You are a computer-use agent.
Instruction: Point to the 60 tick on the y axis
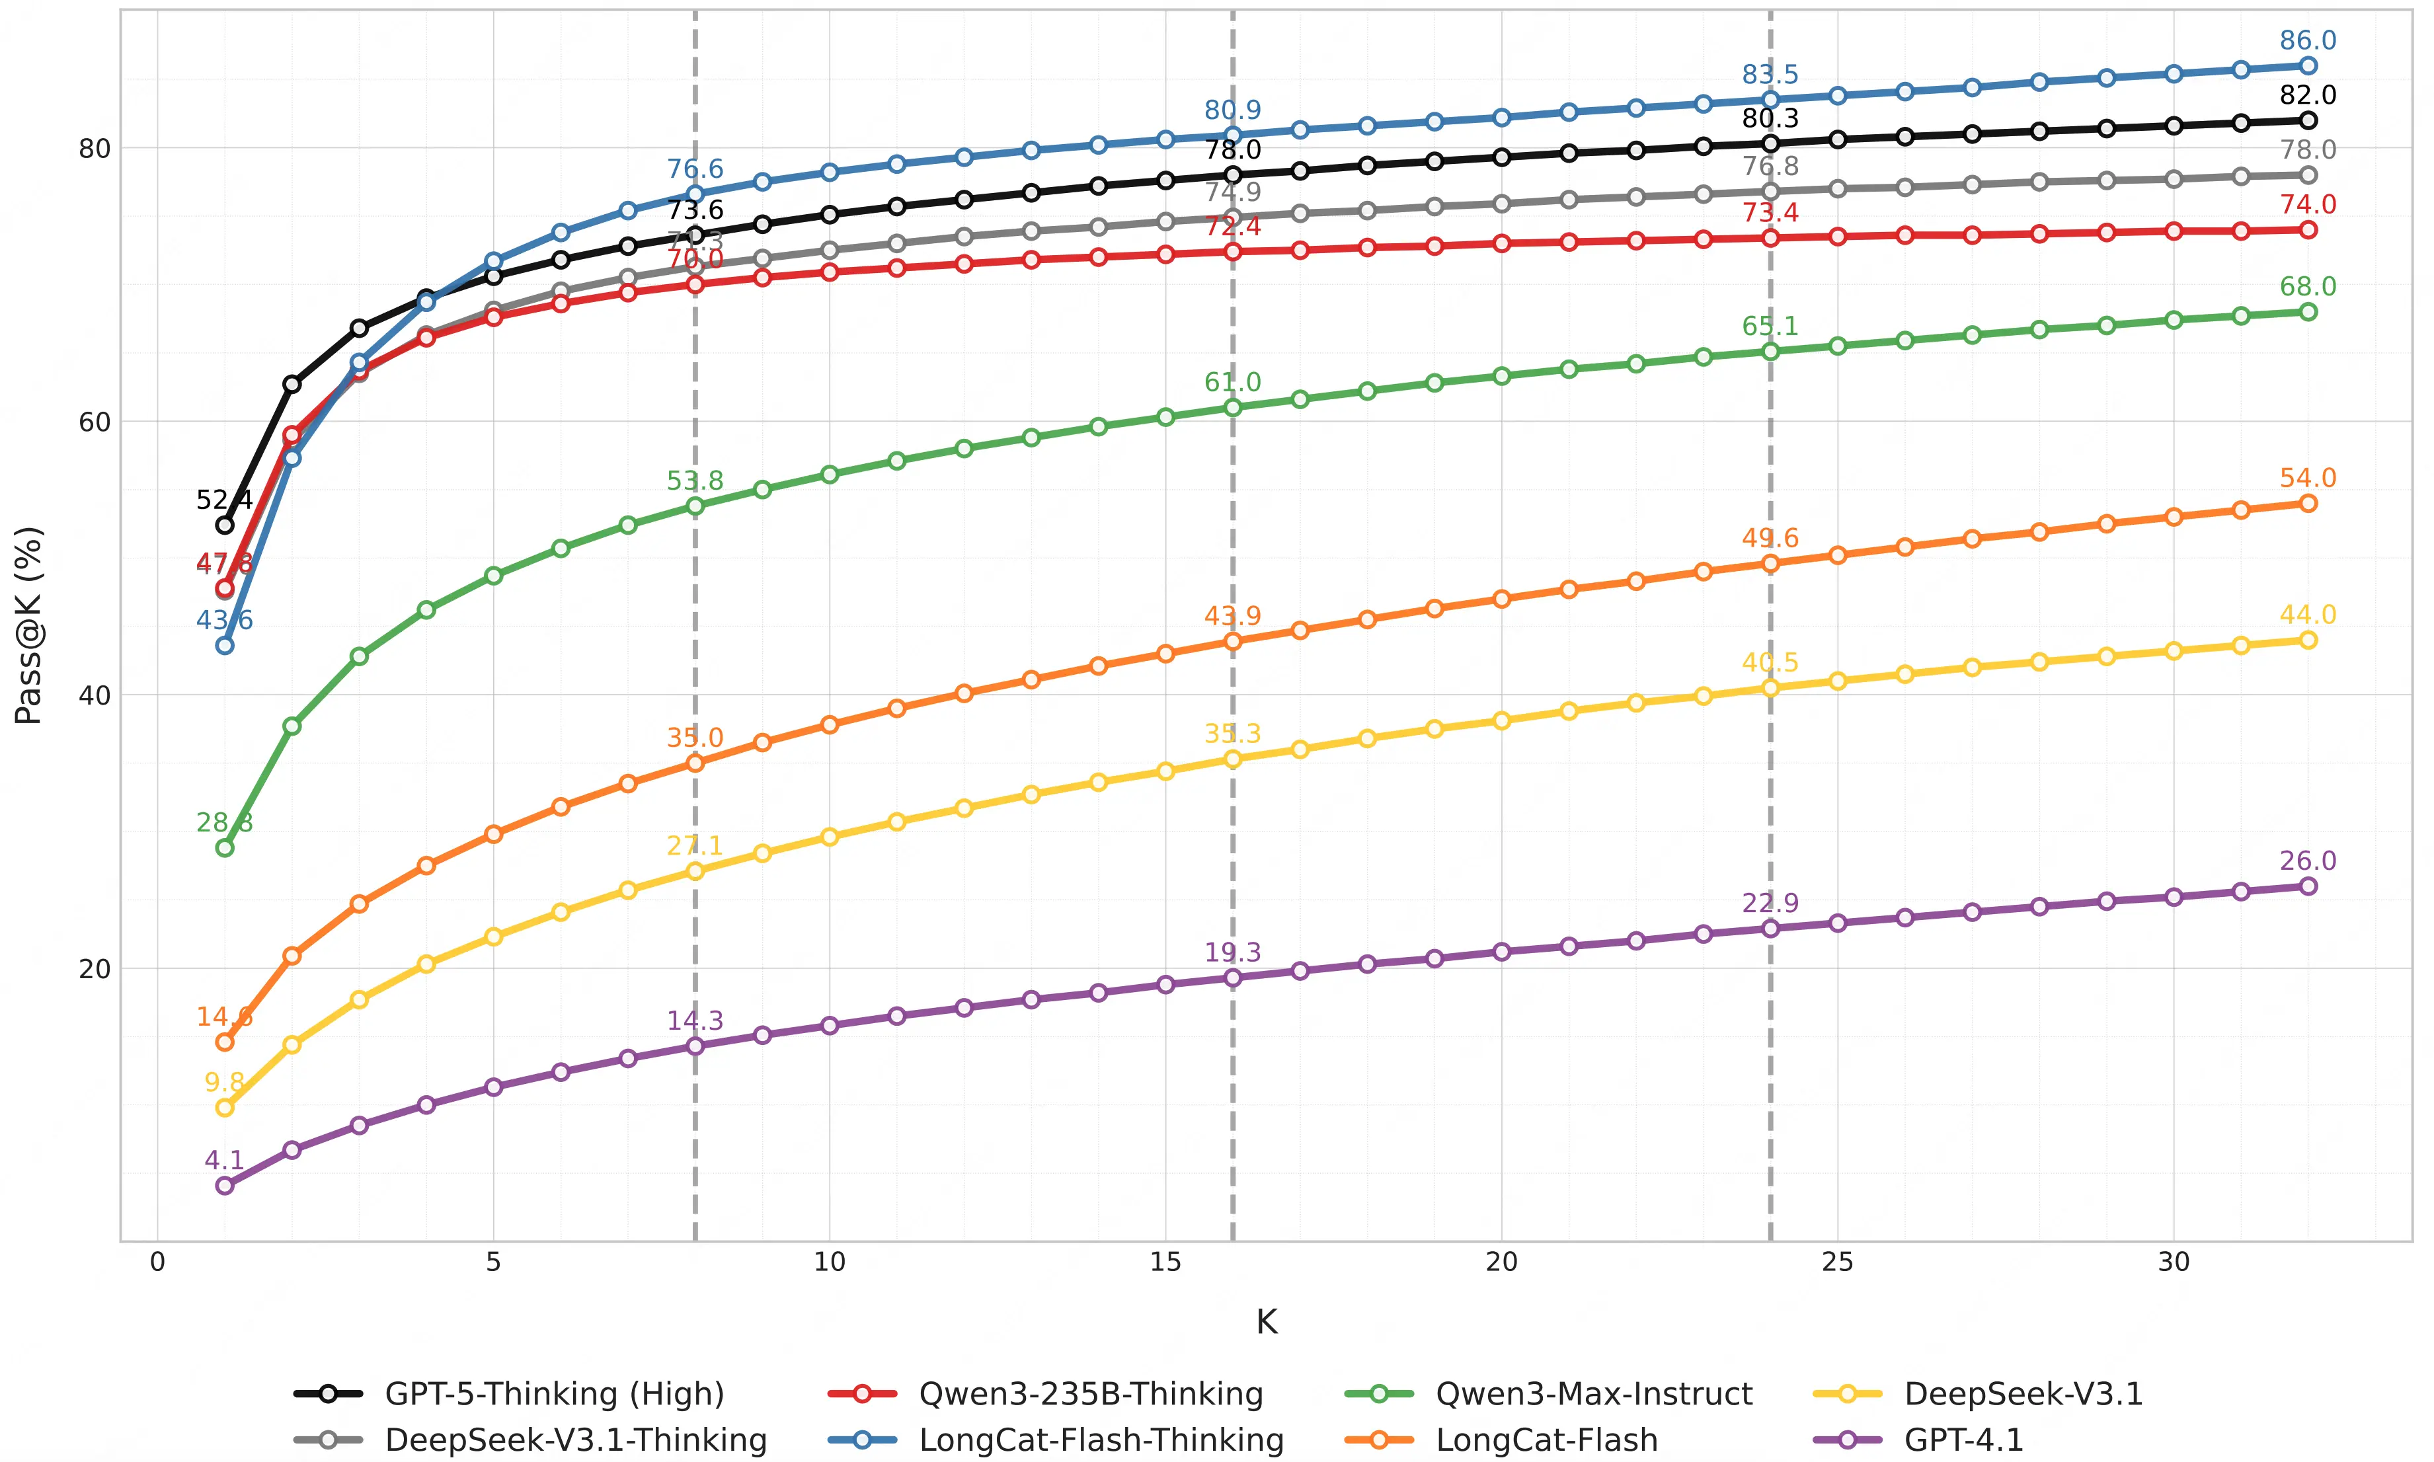tap(95, 422)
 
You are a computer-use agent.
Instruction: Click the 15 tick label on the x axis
tap(1165, 1262)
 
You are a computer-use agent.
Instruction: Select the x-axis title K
tap(1266, 1322)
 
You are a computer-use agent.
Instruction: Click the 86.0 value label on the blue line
tap(2307, 40)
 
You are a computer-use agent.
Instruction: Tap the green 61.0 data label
tap(1232, 382)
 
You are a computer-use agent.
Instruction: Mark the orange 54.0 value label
tap(2307, 478)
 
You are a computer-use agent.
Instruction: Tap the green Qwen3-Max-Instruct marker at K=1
tap(225, 847)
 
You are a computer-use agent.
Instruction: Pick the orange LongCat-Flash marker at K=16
tap(1232, 641)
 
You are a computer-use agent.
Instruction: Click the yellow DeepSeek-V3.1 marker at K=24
tap(1770, 687)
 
